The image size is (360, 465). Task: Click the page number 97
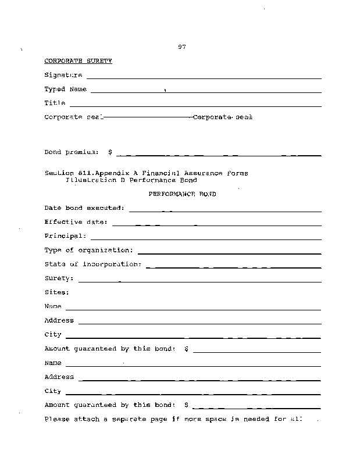181,47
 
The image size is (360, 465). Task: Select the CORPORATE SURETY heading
78,60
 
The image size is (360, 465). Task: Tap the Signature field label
63,75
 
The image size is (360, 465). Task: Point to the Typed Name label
65,90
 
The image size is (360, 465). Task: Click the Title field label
55,103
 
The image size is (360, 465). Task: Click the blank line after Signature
204,78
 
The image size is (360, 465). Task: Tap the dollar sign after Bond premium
110,152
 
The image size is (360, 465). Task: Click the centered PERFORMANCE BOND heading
182,194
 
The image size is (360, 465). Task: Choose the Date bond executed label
84,208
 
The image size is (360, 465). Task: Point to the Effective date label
76,222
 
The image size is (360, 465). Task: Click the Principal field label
65,236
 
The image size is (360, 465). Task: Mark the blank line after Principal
205,239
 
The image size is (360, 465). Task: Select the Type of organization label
88,251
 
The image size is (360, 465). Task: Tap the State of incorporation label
92,264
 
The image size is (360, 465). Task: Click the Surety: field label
59,278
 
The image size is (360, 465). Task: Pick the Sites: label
56,292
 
